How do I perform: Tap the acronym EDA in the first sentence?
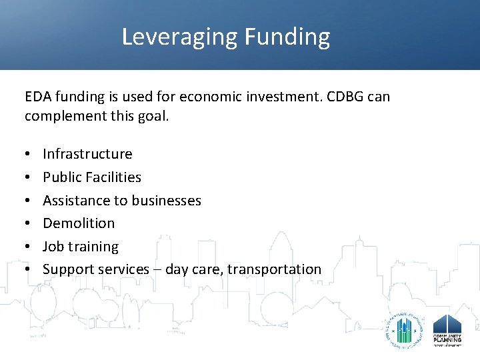click(38, 97)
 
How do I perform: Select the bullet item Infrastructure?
click(87, 154)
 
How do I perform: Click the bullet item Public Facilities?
click(92, 177)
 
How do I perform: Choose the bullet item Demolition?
click(79, 223)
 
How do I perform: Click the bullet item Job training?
click(81, 247)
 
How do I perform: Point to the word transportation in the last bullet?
click(274, 269)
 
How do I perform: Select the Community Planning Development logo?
click(447, 329)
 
